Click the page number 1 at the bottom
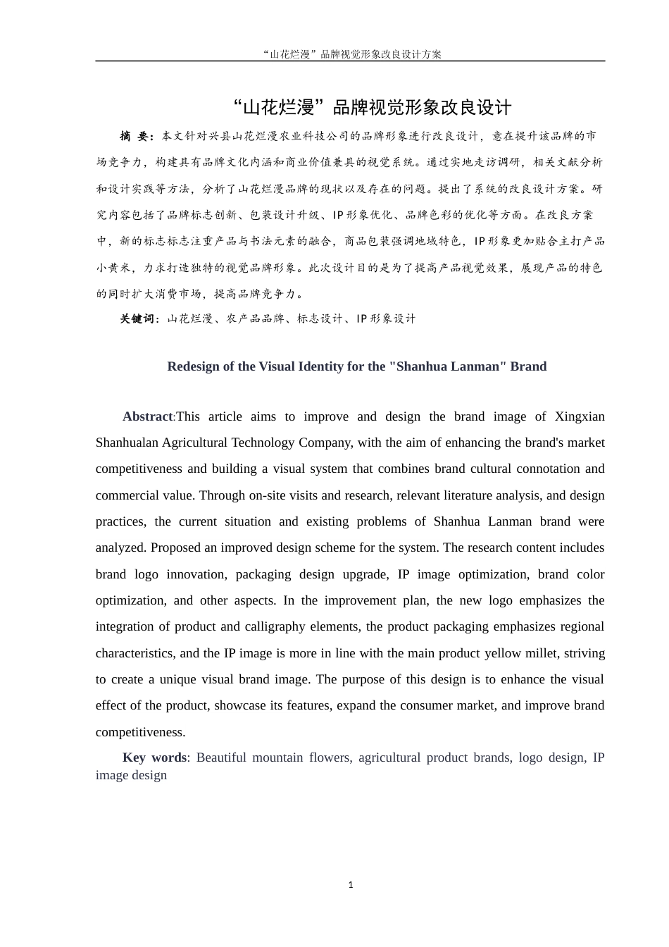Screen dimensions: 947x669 coord(351,885)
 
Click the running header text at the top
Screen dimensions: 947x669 coord(351,54)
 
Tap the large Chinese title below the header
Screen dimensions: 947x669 coord(372,108)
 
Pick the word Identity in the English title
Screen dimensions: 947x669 coord(323,366)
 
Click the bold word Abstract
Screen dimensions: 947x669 coord(147,416)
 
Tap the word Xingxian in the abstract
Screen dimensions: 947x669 coord(580,416)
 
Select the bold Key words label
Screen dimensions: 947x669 coord(154,757)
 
